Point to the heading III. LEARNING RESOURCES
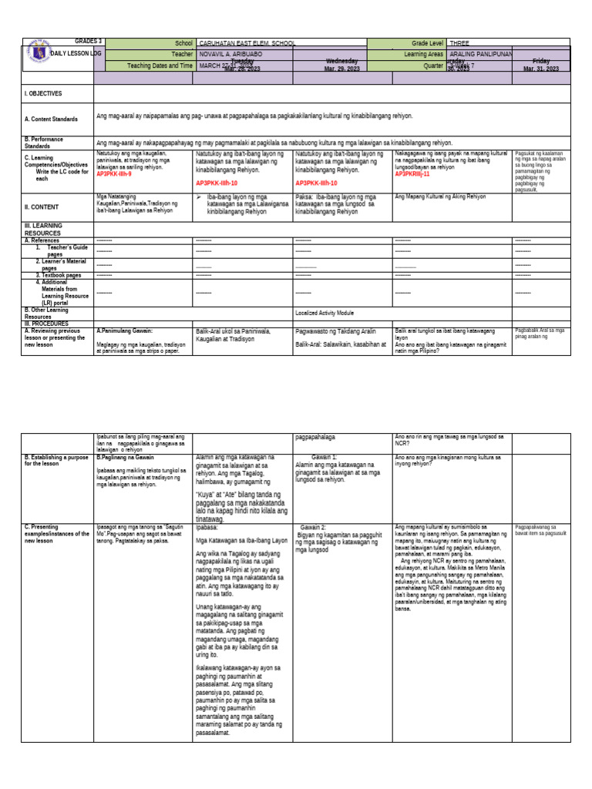[46, 228]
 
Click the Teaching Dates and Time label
[160, 65]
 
